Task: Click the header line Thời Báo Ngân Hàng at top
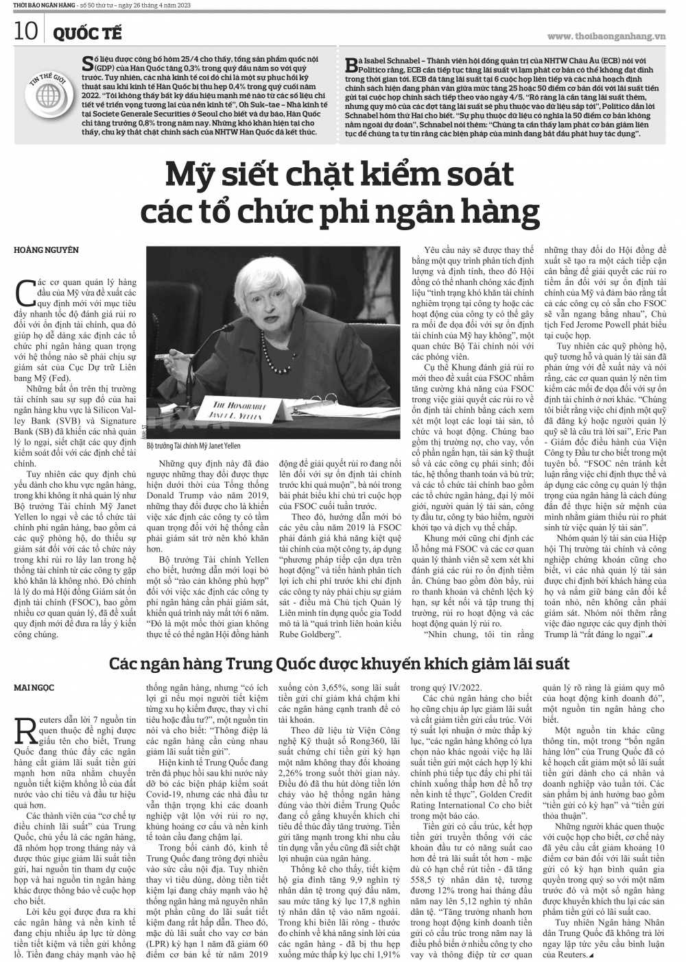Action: (40, 6)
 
